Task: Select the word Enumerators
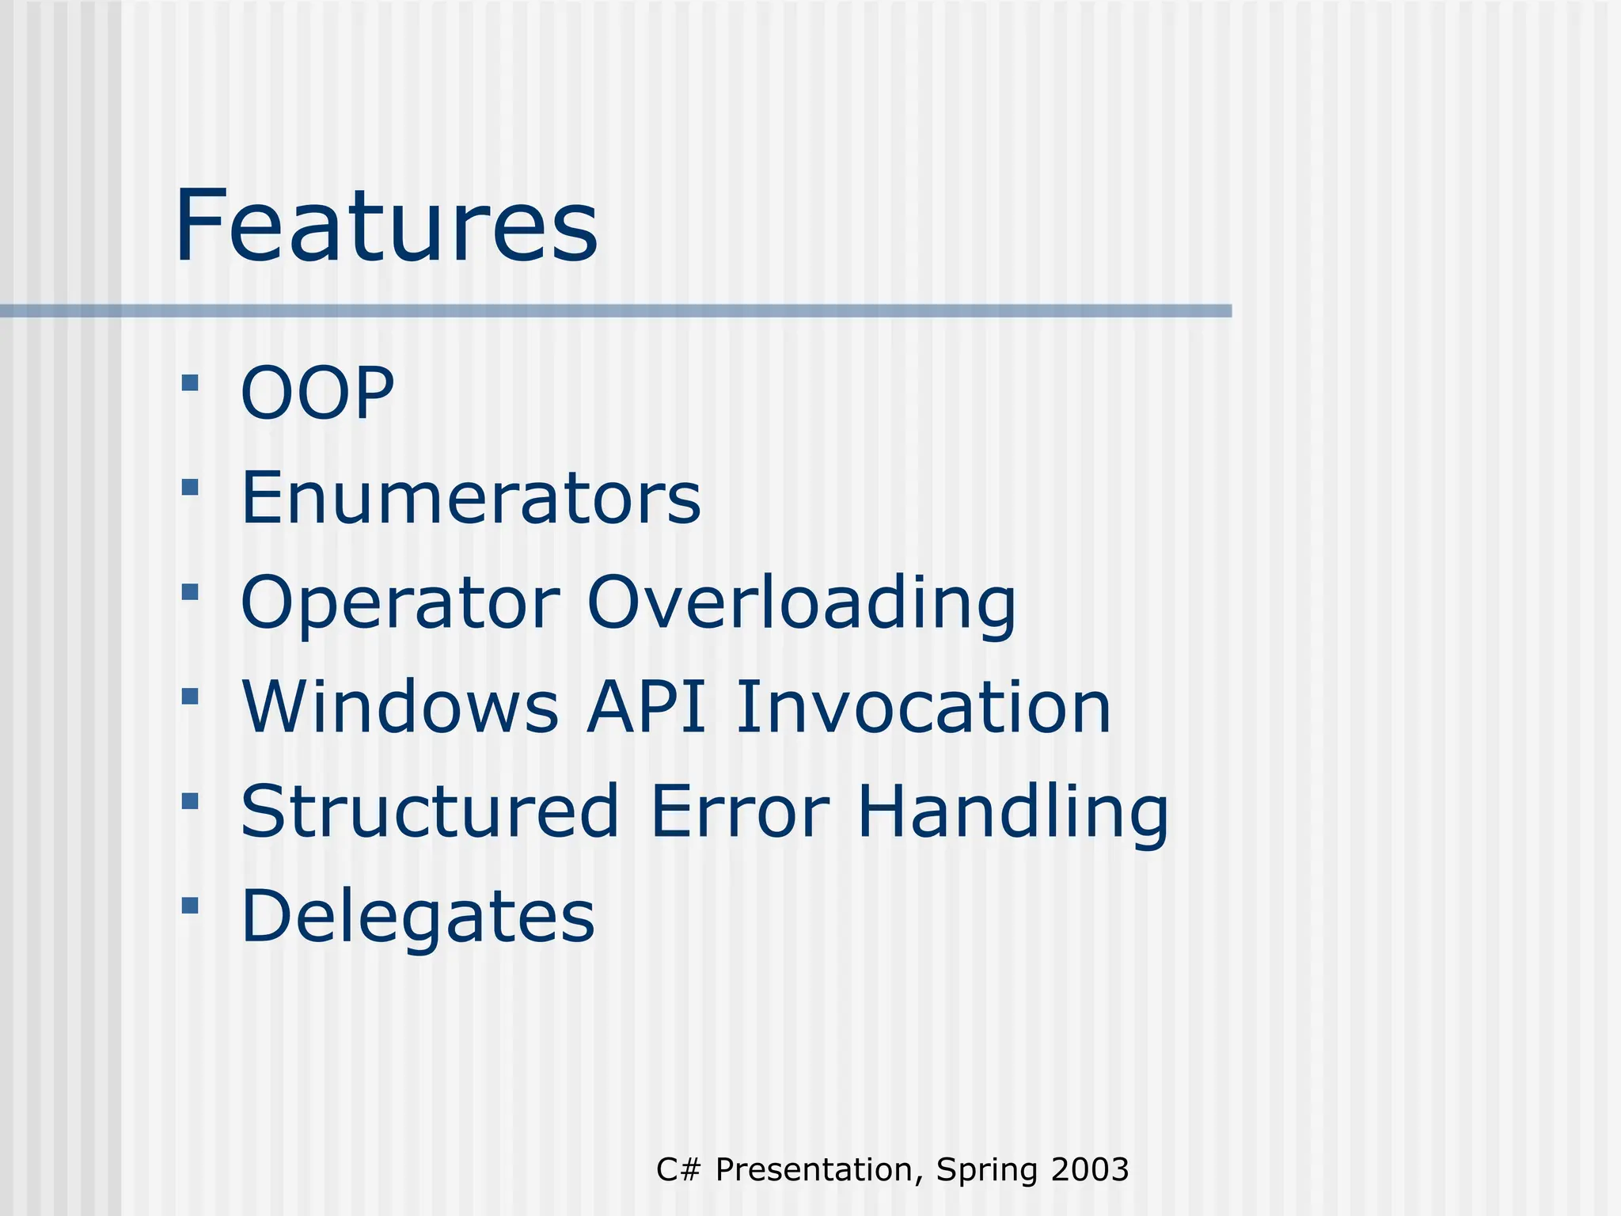[x=470, y=498]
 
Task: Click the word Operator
[x=401, y=603]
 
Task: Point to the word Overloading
[x=801, y=603]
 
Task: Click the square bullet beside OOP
[x=190, y=384]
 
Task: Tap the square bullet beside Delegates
[x=190, y=905]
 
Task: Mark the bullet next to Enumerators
[x=190, y=487]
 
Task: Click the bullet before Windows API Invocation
[x=190, y=696]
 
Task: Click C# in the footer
[x=678, y=1170]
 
